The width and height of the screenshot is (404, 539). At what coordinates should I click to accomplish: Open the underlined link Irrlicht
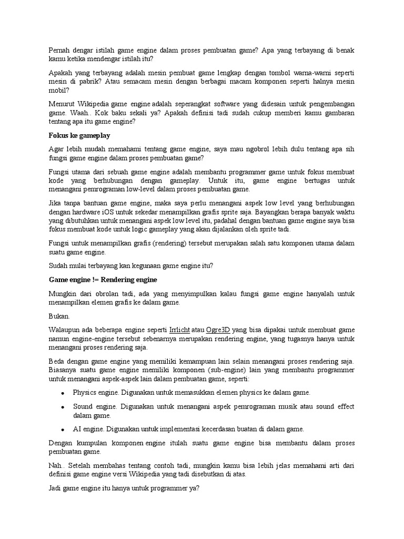[180, 330]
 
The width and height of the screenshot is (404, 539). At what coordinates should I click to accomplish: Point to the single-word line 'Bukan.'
[59, 316]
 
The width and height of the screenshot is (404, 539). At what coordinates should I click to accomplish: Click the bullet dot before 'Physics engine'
[63, 393]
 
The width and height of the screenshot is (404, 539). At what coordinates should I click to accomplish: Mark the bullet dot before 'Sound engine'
[63, 407]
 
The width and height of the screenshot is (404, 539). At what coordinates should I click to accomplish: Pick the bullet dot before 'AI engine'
[63, 430]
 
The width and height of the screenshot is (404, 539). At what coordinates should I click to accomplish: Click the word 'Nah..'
[57, 466]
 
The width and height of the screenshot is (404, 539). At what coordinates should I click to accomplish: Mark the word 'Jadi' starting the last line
[55, 488]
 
